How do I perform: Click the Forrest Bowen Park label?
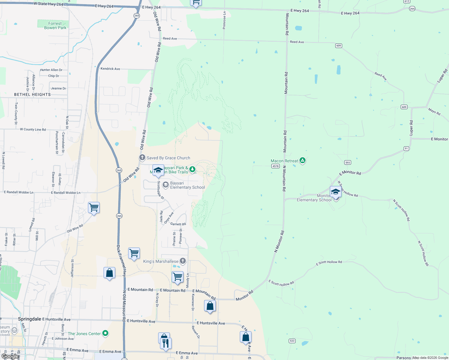[55, 25]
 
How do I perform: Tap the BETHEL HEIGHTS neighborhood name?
[32, 94]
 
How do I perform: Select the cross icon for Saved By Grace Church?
[142, 157]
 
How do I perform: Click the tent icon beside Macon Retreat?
[303, 160]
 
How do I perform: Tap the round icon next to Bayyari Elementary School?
[165, 185]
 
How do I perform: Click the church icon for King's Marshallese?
[183, 261]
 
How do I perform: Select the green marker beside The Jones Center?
[105, 333]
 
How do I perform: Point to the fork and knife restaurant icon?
[166, 343]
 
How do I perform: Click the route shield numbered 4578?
[275, 166]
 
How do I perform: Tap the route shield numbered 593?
[348, 163]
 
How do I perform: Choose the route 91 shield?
[406, 148]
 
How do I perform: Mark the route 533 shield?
[292, 341]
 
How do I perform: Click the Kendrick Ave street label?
[110, 69]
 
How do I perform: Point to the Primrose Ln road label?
[224, 20]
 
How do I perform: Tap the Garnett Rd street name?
[178, 224]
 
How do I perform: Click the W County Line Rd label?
[33, 130]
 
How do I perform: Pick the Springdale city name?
[29, 319]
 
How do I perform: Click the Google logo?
[10, 357]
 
